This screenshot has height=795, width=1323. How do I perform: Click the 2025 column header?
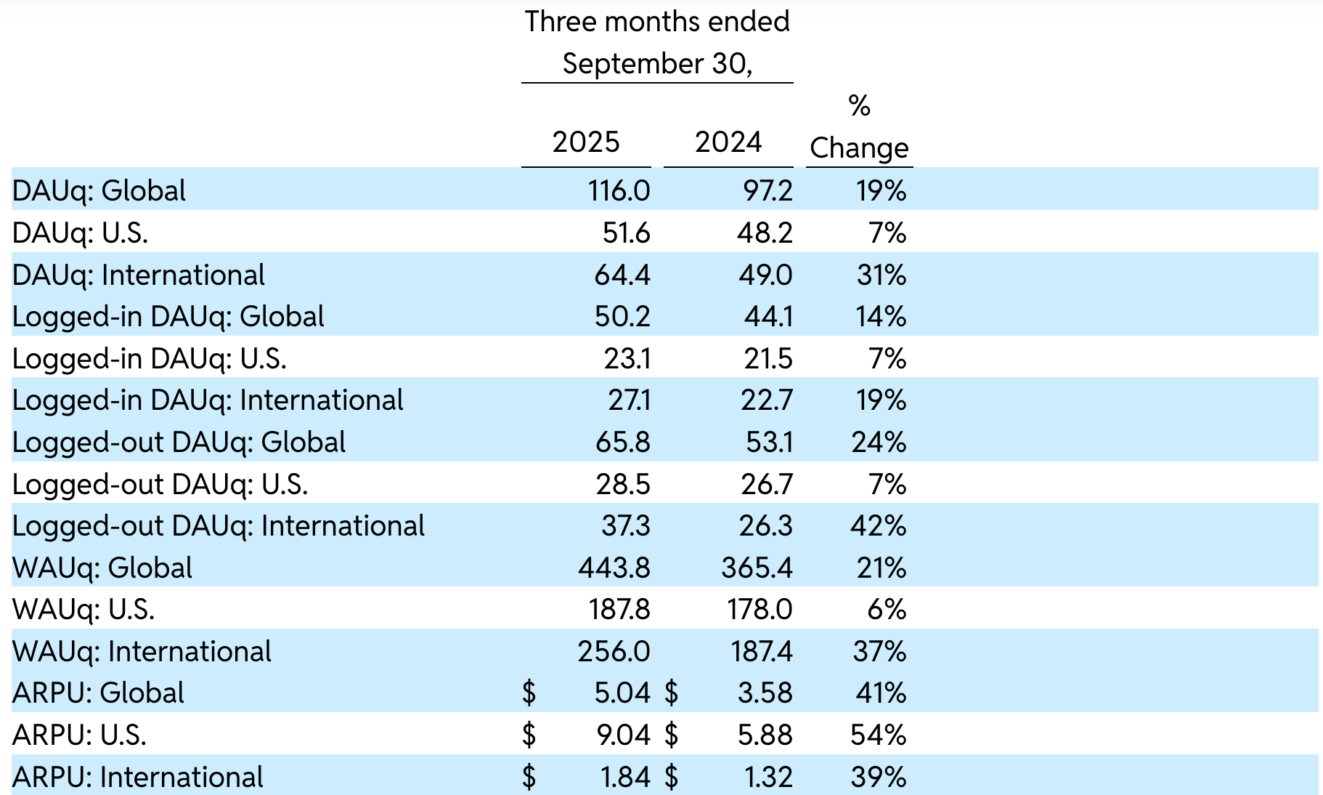(585, 142)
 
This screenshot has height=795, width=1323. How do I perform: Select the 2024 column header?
(728, 142)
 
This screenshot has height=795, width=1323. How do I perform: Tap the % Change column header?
(859, 128)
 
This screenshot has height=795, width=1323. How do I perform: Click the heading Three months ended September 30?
(657, 42)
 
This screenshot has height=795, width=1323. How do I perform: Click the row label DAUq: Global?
(99, 190)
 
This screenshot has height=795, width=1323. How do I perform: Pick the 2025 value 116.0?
(619, 190)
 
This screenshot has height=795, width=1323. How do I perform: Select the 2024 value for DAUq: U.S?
(767, 233)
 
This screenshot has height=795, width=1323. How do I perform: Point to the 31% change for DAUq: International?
(881, 275)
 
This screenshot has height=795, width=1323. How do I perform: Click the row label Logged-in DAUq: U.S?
(149, 358)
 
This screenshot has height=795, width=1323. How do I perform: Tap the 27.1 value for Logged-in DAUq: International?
(629, 400)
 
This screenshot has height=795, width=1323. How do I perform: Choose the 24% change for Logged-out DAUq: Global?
(879, 442)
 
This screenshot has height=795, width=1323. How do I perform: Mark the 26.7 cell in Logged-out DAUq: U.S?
(767, 484)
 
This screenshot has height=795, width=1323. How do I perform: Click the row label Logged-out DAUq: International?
(218, 526)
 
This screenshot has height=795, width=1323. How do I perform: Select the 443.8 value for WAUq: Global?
(614, 568)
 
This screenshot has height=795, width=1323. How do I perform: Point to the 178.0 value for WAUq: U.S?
(760, 609)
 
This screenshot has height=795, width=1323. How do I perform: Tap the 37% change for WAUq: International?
(879, 651)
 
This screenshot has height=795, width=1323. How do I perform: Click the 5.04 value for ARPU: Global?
(622, 693)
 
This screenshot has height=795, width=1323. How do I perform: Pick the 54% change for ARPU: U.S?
(878, 735)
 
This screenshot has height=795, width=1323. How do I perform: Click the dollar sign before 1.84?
(529, 777)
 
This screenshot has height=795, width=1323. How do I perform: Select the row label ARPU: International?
(137, 777)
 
